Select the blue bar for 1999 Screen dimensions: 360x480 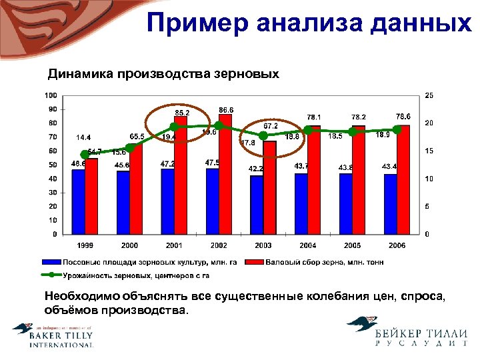[79, 201]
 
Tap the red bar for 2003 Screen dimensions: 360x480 [269, 188]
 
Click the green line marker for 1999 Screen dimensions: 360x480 [84, 154]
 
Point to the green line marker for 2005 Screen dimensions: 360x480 [353, 132]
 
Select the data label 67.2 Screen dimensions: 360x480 [271, 125]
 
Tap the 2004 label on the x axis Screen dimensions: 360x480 [308, 246]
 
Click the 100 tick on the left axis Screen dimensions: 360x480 [51, 95]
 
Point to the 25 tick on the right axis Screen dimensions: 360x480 [429, 95]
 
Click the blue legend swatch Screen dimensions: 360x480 [51, 262]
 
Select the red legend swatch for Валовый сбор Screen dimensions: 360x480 [255, 262]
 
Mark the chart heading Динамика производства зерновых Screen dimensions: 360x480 [163, 73]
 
